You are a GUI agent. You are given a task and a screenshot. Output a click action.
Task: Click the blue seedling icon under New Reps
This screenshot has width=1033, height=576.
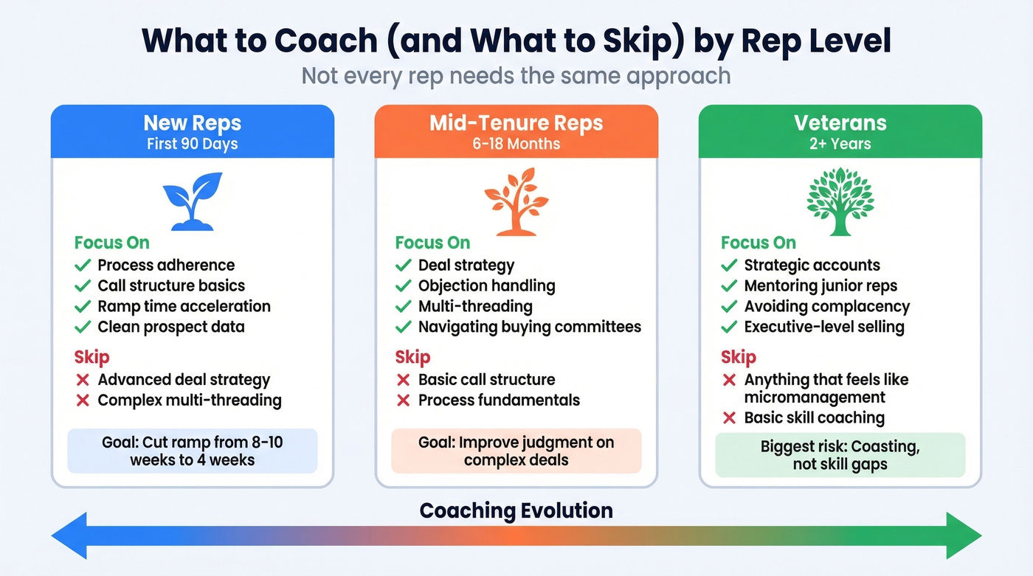[192, 201]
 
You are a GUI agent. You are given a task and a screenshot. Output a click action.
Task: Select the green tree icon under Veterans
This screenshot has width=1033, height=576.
[840, 201]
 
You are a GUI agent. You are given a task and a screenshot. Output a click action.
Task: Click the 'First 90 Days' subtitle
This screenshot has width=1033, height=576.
[192, 143]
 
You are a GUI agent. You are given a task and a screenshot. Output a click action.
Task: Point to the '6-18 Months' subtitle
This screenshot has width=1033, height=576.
[516, 143]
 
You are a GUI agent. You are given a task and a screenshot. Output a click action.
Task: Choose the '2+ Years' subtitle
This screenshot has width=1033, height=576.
[840, 143]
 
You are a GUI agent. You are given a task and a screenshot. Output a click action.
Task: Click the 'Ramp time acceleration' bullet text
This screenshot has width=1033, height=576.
[184, 306]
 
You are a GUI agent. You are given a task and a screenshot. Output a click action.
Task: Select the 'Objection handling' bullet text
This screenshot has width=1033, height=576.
[486, 285]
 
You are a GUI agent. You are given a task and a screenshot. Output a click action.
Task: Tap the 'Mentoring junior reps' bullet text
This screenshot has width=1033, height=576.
[820, 285]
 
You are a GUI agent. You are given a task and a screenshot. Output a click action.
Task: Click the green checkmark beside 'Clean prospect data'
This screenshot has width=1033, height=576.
[82, 327]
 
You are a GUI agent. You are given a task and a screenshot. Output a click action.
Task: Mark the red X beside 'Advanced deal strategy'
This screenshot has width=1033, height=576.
[82, 381]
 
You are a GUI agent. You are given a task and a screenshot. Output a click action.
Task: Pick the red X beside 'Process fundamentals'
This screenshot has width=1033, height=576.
[403, 400]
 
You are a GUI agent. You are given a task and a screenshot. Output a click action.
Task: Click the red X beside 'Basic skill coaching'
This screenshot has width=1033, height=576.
[729, 418]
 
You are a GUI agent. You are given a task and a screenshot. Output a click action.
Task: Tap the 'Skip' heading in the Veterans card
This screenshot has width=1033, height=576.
[738, 358]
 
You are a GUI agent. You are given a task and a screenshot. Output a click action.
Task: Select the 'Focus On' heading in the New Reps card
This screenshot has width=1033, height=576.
[111, 243]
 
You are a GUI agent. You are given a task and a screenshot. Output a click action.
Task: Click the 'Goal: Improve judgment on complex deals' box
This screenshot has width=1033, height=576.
[516, 451]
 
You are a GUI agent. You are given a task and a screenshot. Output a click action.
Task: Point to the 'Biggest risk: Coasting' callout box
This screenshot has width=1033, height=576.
[840, 455]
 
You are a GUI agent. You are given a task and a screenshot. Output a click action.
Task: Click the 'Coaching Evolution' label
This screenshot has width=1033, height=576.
[516, 510]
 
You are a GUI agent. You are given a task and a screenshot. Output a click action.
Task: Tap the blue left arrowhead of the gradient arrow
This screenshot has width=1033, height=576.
[70, 535]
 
